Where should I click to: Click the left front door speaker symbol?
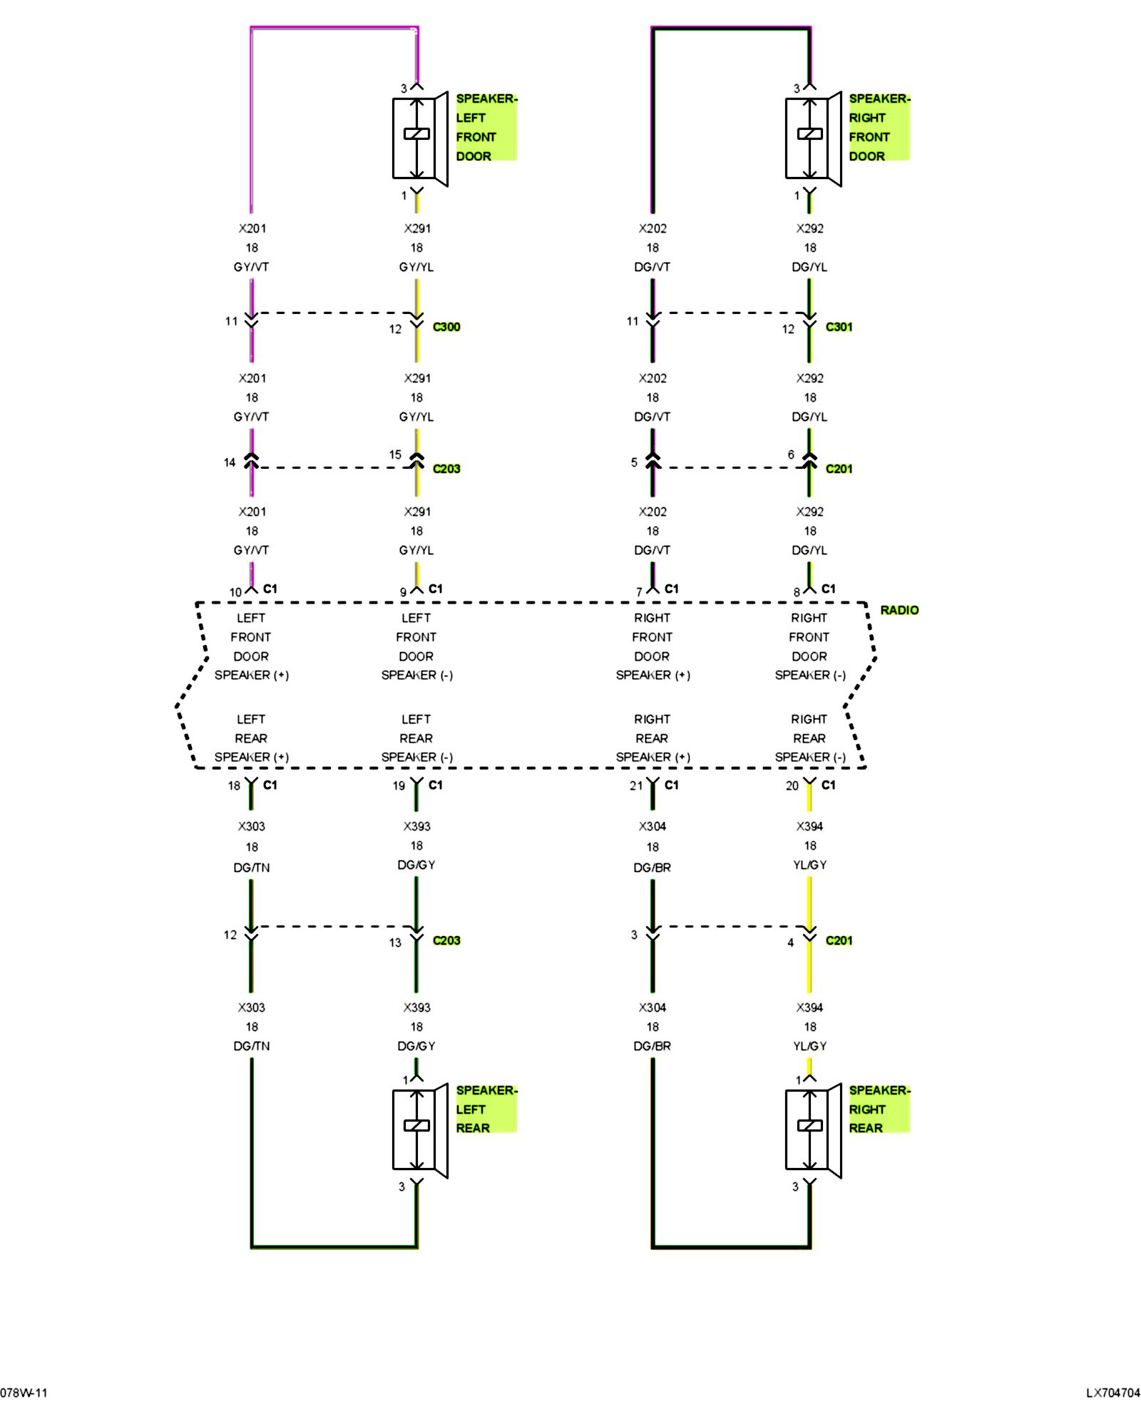pyautogui.click(x=420, y=138)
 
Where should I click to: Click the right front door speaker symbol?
pyautogui.click(x=813, y=138)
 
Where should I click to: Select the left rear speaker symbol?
pyautogui.click(x=420, y=1130)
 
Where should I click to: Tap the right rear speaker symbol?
pyautogui.click(x=813, y=1130)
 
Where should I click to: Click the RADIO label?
pyautogui.click(x=899, y=610)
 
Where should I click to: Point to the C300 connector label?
pyautogui.click(x=446, y=327)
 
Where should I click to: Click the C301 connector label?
pyautogui.click(x=839, y=327)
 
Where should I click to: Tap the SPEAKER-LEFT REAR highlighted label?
pyautogui.click(x=486, y=1109)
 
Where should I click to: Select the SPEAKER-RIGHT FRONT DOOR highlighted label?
pyautogui.click(x=879, y=127)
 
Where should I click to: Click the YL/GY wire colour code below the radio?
pyautogui.click(x=810, y=865)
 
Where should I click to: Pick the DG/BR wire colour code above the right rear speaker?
pyautogui.click(x=653, y=1046)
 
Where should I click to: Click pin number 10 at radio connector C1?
pyautogui.click(x=235, y=592)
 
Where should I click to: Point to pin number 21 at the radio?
pyautogui.click(x=636, y=786)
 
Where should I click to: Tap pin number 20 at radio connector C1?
pyautogui.click(x=792, y=786)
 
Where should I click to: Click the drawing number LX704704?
pyautogui.click(x=1113, y=1393)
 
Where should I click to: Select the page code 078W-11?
pyautogui.click(x=24, y=1393)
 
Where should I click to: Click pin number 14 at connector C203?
pyautogui.click(x=230, y=462)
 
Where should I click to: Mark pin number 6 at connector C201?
pyautogui.click(x=791, y=454)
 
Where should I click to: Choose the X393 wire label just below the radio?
pyautogui.click(x=417, y=826)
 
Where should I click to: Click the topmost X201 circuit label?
pyautogui.click(x=252, y=228)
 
